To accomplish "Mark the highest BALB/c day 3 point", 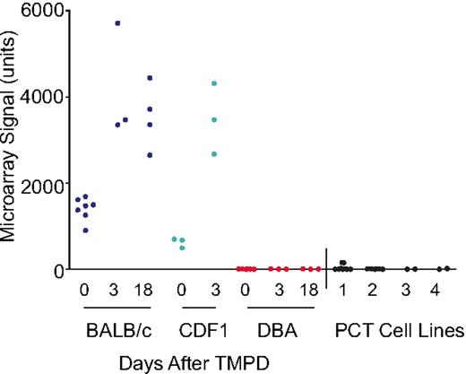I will pyautogui.click(x=117, y=22).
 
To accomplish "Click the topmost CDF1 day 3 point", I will pyautogui.click(x=213, y=83).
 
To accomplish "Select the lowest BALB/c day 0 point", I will pyautogui.click(x=85, y=230).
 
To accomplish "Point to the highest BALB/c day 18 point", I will pyautogui.click(x=150, y=78).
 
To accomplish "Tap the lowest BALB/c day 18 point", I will pyautogui.click(x=150, y=155).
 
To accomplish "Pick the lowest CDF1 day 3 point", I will pyautogui.click(x=213, y=154).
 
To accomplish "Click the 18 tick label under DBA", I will pyautogui.click(x=310, y=291).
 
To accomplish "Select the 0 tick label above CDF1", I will pyautogui.click(x=182, y=291).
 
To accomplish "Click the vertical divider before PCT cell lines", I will pyautogui.click(x=326, y=267).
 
